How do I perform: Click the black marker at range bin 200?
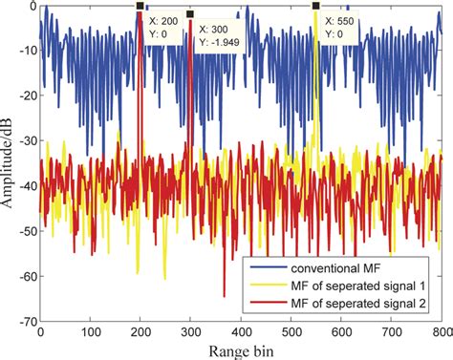(x=140, y=7)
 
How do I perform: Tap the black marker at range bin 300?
(x=190, y=14)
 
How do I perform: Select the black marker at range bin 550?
(x=315, y=7)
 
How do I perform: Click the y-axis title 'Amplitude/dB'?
(x=10, y=164)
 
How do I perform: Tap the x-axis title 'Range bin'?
(x=239, y=350)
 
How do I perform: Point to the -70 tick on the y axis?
(x=25, y=323)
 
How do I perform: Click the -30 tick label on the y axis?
(x=25, y=141)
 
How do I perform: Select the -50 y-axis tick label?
(x=25, y=232)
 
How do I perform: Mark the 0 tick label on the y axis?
(x=31, y=7)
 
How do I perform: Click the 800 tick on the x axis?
(x=441, y=333)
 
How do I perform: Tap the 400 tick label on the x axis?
(x=241, y=333)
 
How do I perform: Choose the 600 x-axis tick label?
(x=341, y=333)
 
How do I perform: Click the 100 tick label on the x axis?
(x=90, y=333)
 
